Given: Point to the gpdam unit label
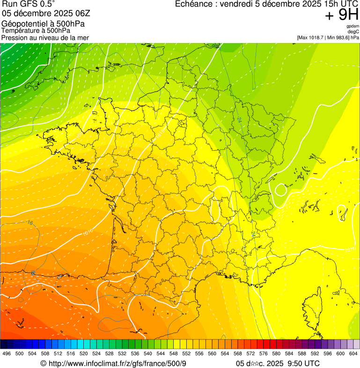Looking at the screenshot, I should point(353,26).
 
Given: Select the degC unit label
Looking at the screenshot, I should point(353,31).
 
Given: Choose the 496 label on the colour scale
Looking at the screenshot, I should point(7,353).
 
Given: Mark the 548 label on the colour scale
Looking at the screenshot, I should point(174,353).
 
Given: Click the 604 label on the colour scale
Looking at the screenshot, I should point(353,353).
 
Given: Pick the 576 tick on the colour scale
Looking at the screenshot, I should point(264,353).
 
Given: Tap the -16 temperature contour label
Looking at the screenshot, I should point(30,223).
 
